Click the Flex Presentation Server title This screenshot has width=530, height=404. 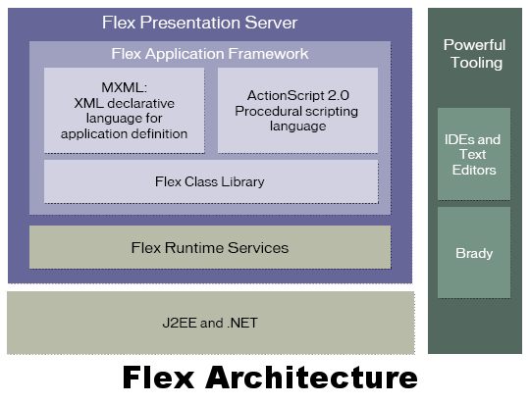pos(200,23)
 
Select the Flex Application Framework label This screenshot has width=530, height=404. pos(210,54)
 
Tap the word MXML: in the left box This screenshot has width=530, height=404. pos(125,87)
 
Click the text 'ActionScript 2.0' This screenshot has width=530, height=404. pos(297,95)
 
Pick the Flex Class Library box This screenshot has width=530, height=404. pos(211,181)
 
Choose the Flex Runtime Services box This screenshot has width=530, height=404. pos(210,247)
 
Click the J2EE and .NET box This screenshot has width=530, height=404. pos(211,323)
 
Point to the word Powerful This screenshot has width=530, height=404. pos(474,45)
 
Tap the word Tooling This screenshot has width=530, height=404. pos(477,63)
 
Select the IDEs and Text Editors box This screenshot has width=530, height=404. pos(474,154)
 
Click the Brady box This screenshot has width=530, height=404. pos(474,253)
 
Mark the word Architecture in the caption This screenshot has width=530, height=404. pos(311,378)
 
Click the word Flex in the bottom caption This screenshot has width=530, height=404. pos(159,378)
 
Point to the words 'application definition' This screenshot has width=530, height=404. pos(124,134)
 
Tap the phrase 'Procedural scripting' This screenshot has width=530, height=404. pos(296,111)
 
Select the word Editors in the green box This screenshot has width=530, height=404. pos(474,170)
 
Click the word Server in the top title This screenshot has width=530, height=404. pos(271,23)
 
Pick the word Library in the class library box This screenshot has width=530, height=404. pos(242,181)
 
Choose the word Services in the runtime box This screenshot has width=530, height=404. pos(258,248)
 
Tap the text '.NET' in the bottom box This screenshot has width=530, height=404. pos(242,323)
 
